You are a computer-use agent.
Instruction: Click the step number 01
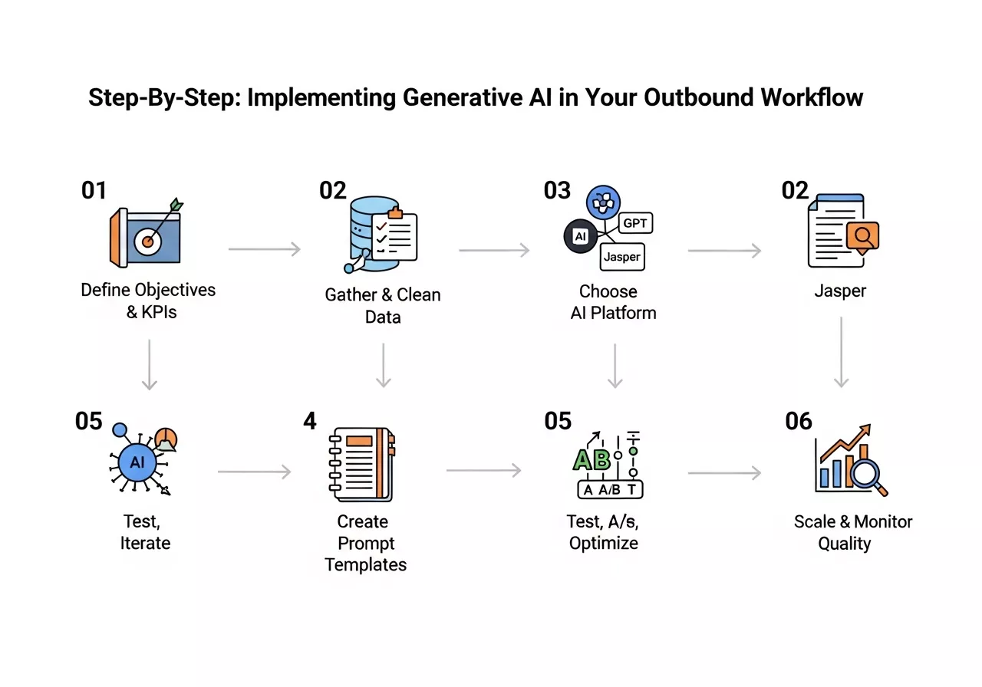[94, 189]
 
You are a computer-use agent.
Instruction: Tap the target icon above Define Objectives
[148, 235]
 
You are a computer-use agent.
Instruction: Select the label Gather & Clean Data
[383, 305]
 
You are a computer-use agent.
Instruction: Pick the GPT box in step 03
[634, 223]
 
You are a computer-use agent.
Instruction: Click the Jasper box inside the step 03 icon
[621, 257]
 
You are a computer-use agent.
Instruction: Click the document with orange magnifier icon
[842, 231]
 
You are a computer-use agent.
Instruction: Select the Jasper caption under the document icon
[840, 292]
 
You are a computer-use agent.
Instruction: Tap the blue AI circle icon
[137, 462]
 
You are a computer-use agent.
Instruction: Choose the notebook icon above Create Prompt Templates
[361, 464]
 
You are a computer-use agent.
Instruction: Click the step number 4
[310, 421]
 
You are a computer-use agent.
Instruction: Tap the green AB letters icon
[592, 459]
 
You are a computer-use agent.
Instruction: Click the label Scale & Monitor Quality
[853, 532]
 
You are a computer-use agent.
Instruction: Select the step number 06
[799, 421]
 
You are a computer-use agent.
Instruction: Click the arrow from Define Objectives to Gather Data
[264, 249]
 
